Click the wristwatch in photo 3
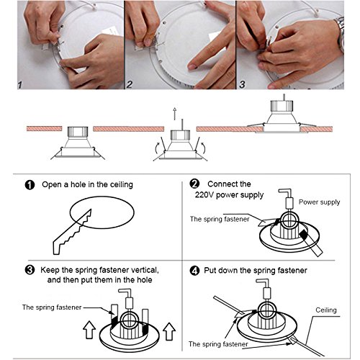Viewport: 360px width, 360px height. [x=341, y=34]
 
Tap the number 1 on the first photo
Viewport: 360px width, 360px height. [x=20, y=85]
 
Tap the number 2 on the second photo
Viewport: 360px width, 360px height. [x=130, y=84]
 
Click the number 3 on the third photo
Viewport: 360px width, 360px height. [x=243, y=84]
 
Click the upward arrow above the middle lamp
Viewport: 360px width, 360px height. [x=175, y=113]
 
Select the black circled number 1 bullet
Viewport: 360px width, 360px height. [x=30, y=185]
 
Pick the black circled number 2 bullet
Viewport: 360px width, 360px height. [x=194, y=184]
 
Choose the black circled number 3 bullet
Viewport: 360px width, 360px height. [x=30, y=270]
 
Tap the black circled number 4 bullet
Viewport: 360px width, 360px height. [x=194, y=271]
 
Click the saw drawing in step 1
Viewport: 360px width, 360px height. [x=72, y=233]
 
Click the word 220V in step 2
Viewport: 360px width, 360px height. [x=204, y=194]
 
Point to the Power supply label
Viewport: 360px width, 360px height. [x=319, y=202]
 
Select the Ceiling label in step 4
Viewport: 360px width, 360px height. [x=326, y=310]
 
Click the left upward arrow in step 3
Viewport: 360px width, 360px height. [x=89, y=330]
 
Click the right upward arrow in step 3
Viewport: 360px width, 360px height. [x=169, y=331]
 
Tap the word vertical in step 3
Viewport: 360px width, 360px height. [x=145, y=270]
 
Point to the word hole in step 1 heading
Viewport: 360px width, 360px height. [x=78, y=184]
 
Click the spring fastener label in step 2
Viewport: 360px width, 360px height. [x=220, y=219]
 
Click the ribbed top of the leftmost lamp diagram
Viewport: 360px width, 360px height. [x=78, y=132]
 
